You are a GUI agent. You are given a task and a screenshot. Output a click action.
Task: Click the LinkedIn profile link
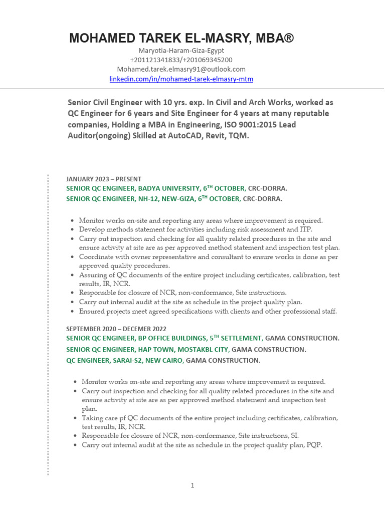(x=181, y=79)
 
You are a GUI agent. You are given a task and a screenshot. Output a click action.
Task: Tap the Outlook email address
(x=181, y=69)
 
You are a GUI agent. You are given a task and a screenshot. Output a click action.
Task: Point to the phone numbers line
(x=181, y=60)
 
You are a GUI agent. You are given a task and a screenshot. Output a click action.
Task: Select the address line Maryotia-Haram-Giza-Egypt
(x=181, y=51)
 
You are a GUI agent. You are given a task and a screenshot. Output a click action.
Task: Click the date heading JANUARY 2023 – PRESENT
(x=104, y=179)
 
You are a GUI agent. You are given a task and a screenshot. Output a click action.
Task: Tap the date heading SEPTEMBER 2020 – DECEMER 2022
(x=116, y=328)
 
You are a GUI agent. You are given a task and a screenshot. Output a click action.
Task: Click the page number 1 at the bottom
(x=192, y=485)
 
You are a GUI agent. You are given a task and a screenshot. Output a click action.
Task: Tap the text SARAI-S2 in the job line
(x=121, y=360)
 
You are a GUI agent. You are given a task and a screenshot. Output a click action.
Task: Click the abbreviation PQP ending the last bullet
(x=313, y=444)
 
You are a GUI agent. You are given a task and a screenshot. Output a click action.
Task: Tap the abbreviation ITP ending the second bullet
(x=305, y=229)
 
